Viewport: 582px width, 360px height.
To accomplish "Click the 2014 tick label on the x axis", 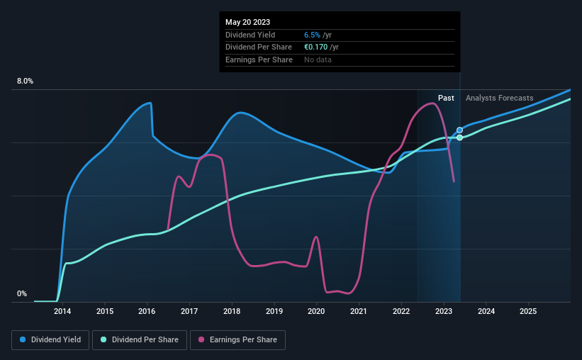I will (62, 311).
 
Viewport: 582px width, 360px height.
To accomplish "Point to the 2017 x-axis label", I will (189, 311).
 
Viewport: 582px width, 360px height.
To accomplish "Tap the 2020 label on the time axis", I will (316, 311).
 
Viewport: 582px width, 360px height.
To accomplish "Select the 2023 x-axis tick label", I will (444, 311).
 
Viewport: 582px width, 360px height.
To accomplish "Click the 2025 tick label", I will (528, 311).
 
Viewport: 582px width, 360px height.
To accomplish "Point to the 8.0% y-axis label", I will (26, 81).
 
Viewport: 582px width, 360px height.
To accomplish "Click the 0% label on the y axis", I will (22, 293).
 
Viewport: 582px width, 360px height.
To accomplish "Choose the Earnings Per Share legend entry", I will (237, 340).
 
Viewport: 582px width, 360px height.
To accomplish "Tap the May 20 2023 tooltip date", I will (247, 22).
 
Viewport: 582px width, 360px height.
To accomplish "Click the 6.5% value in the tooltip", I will (313, 35).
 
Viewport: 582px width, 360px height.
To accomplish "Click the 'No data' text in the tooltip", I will (318, 60).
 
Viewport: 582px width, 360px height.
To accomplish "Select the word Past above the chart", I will (446, 98).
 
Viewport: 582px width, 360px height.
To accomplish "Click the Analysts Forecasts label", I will (500, 98).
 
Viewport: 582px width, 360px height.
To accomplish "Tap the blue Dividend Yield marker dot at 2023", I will (459, 130).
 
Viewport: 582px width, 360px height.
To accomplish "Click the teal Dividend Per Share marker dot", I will (459, 137).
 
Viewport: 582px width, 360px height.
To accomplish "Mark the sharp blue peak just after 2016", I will (150, 103).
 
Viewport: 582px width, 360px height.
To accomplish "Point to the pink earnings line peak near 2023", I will (432, 103).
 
